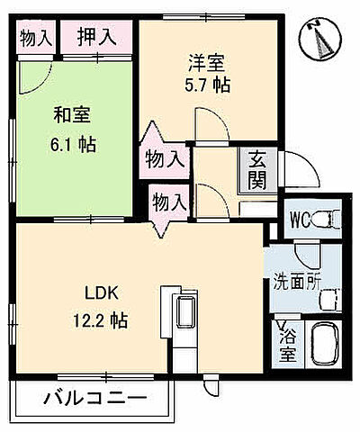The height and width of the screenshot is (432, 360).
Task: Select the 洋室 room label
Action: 206,63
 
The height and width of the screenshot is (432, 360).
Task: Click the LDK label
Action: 103,293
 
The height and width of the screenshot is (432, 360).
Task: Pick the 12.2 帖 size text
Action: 103,319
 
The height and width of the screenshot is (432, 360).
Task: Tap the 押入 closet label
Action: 95,37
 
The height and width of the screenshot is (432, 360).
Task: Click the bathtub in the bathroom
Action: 323,345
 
